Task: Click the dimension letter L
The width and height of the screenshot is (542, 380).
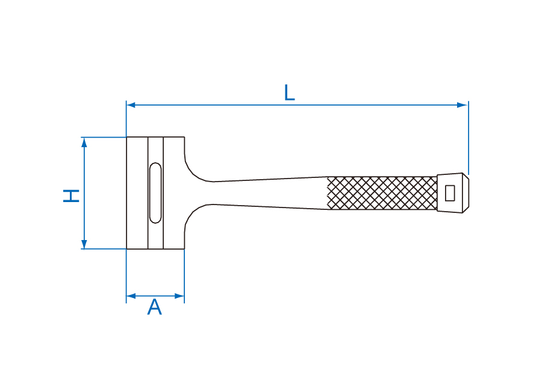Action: click(289, 92)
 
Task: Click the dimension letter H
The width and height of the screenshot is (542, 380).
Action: click(71, 195)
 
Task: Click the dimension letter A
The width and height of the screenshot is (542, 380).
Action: click(155, 307)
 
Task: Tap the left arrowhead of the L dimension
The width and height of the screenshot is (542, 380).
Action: click(131, 105)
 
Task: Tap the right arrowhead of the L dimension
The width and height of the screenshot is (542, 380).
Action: click(463, 105)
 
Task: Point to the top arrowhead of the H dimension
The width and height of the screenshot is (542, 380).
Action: click(84, 142)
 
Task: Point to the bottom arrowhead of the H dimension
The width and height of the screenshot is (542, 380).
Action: click(84, 244)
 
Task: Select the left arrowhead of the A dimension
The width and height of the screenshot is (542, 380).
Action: click(131, 296)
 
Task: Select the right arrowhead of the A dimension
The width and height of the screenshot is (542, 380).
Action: click(179, 296)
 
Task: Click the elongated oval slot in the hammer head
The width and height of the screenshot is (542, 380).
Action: click(155, 193)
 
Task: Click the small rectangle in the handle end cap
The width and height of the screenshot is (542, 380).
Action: click(450, 193)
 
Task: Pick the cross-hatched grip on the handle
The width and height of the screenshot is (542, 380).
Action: click(382, 193)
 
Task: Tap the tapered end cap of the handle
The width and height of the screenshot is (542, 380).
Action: click(453, 193)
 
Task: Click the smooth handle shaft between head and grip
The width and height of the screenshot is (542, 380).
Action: click(270, 193)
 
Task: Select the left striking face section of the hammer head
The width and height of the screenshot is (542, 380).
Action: click(137, 193)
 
